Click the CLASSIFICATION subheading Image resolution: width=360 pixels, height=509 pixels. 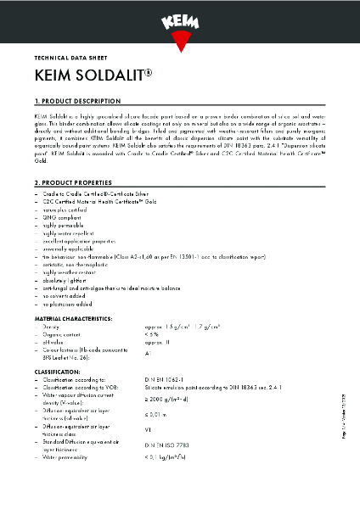(x=57, y=372)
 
